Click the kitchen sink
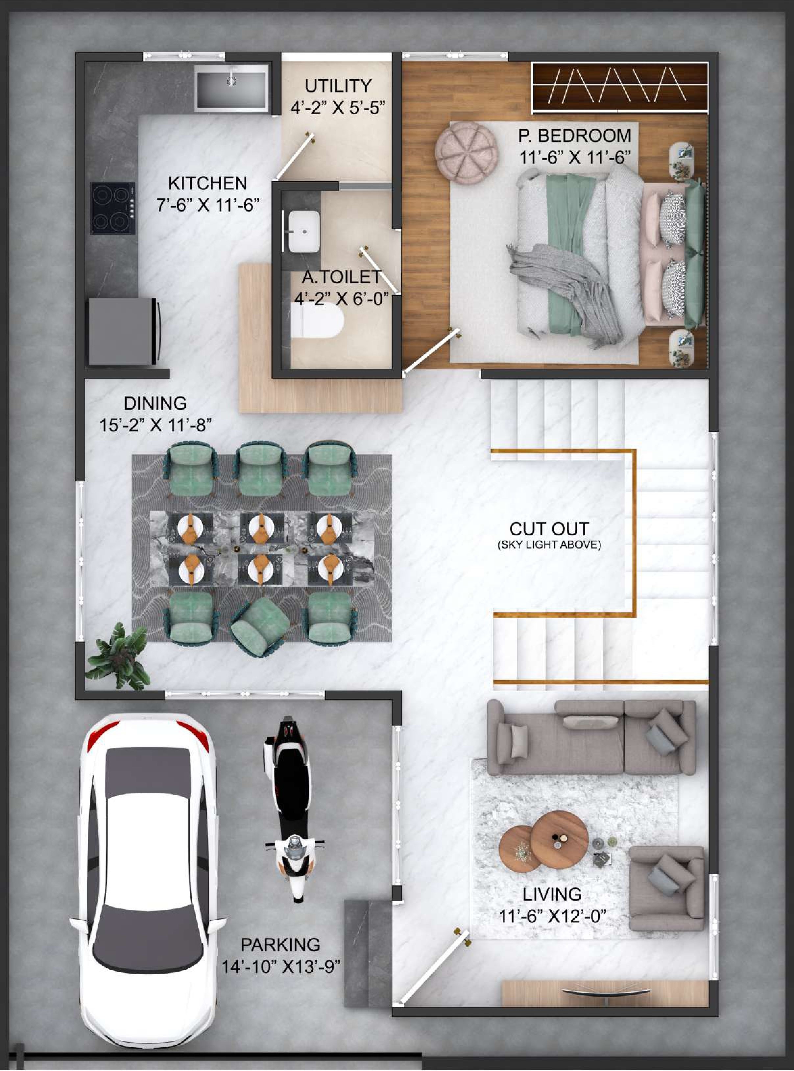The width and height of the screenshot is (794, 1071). (231, 89)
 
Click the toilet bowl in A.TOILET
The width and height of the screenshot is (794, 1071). (318, 322)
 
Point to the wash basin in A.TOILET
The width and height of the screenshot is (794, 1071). (304, 231)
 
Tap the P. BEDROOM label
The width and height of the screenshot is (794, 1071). (574, 136)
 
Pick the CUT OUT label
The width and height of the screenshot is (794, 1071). (549, 529)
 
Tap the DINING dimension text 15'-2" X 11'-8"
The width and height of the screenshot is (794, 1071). (155, 425)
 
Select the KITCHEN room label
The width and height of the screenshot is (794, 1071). (208, 183)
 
